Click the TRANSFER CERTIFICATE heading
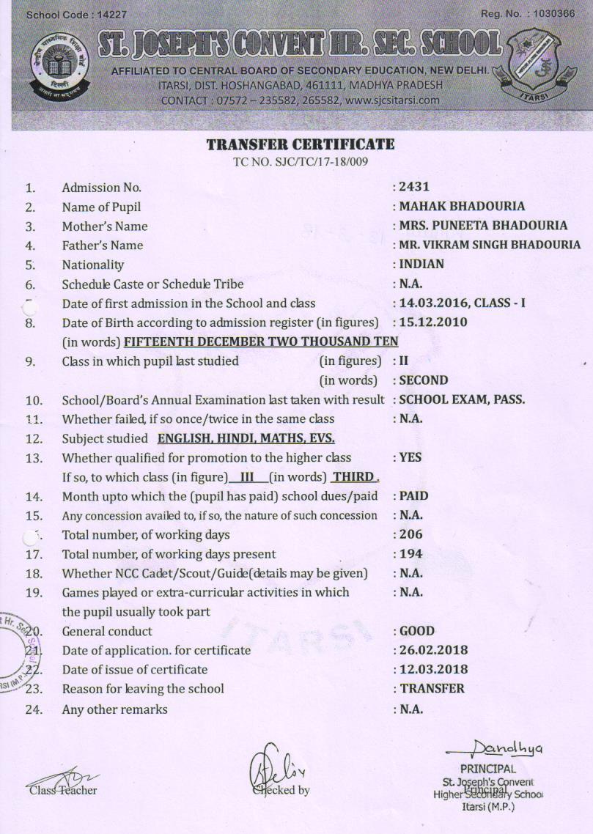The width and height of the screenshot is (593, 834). click(301, 144)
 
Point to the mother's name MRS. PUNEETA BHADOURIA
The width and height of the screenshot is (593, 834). click(483, 226)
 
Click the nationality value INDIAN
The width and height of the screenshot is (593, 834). click(421, 264)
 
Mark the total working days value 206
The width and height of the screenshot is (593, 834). click(411, 534)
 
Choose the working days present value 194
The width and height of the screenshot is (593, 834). click(411, 553)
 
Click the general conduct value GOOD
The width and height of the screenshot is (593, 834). click(417, 631)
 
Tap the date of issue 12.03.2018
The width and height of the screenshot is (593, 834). click(434, 669)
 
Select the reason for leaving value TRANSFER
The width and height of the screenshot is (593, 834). click(432, 688)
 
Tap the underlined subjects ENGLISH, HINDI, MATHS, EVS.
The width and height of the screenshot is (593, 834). click(246, 438)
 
